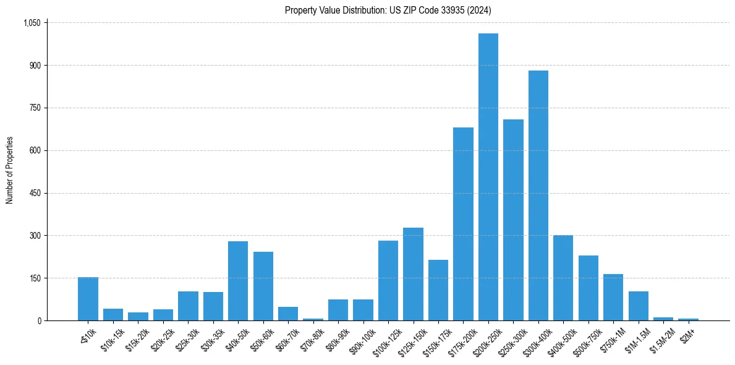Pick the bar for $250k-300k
pos(513,220)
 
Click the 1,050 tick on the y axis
pos(32,23)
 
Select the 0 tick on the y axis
pos(39,320)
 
